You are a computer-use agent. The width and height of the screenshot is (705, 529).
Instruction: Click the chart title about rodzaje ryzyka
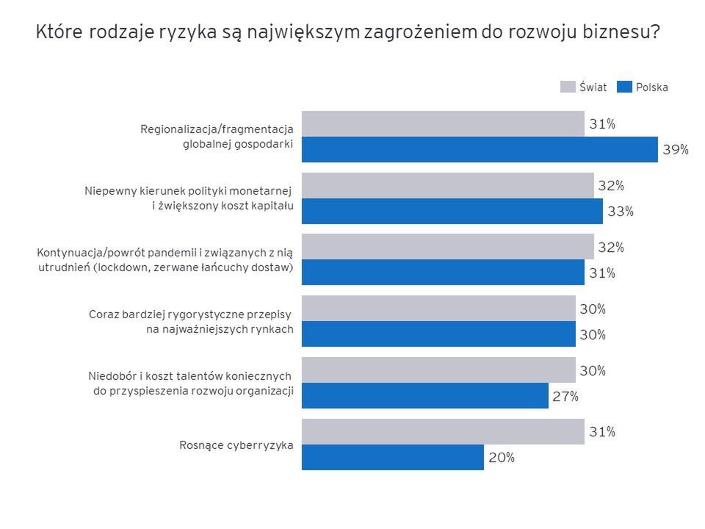tap(347, 33)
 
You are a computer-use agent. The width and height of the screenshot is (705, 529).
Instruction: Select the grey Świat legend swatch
tap(568, 87)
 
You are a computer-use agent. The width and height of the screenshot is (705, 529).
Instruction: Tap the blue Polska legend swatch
tap(625, 87)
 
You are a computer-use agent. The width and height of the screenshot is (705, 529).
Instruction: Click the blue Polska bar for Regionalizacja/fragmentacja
tap(480, 149)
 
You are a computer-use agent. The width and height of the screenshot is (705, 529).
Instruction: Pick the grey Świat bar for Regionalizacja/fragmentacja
tap(443, 123)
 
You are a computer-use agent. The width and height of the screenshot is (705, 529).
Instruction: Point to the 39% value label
tap(676, 150)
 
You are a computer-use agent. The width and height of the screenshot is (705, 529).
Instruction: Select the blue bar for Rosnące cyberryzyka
tap(393, 457)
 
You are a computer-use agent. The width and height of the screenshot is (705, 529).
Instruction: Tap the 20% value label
tap(502, 458)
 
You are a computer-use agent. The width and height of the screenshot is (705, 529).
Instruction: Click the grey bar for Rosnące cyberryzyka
tap(443, 431)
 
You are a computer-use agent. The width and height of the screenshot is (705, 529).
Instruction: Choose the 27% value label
tap(565, 396)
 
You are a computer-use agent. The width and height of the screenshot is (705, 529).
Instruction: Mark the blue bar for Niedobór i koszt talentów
tap(424, 396)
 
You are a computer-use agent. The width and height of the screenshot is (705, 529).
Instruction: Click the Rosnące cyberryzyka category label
tap(236, 445)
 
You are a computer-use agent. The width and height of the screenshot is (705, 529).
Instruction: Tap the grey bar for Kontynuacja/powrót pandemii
tap(447, 247)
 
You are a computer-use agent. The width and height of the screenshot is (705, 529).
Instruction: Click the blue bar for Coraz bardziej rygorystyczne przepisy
tap(438, 334)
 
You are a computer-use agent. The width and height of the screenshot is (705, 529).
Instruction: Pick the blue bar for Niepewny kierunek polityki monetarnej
tap(452, 211)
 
